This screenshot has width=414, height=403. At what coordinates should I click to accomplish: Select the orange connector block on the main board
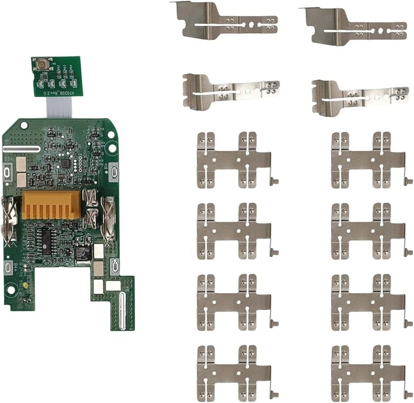tap(51, 204)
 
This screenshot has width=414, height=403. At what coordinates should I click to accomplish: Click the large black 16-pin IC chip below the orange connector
tap(46, 238)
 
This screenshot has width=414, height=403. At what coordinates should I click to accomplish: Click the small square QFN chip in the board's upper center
tap(65, 163)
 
